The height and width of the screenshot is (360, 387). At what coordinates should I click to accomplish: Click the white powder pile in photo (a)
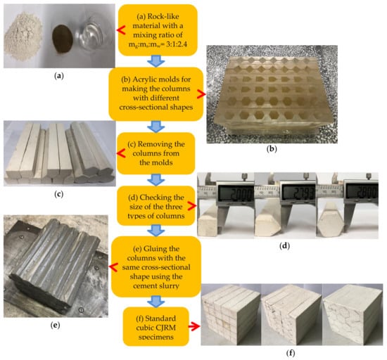coord(23,37)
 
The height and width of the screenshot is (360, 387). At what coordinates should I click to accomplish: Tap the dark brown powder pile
coord(62,39)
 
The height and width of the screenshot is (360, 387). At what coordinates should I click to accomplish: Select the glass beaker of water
coord(94,34)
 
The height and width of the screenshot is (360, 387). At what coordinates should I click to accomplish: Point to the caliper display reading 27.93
coord(298,193)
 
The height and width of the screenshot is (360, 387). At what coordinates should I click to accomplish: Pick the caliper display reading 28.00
coord(362,193)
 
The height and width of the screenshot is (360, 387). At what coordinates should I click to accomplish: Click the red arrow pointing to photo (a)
coord(121,30)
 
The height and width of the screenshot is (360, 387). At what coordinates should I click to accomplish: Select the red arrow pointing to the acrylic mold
coord(201,94)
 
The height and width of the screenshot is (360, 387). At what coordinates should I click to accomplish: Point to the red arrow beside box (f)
coord(194,326)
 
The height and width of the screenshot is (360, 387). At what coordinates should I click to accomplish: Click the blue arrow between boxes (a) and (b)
coord(156,61)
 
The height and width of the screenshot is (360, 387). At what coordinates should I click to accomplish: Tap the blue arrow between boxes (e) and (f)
coord(156,302)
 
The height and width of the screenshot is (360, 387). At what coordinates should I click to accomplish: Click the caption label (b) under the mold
coord(272,149)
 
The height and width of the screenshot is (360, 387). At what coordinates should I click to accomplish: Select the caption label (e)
coord(55,326)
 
